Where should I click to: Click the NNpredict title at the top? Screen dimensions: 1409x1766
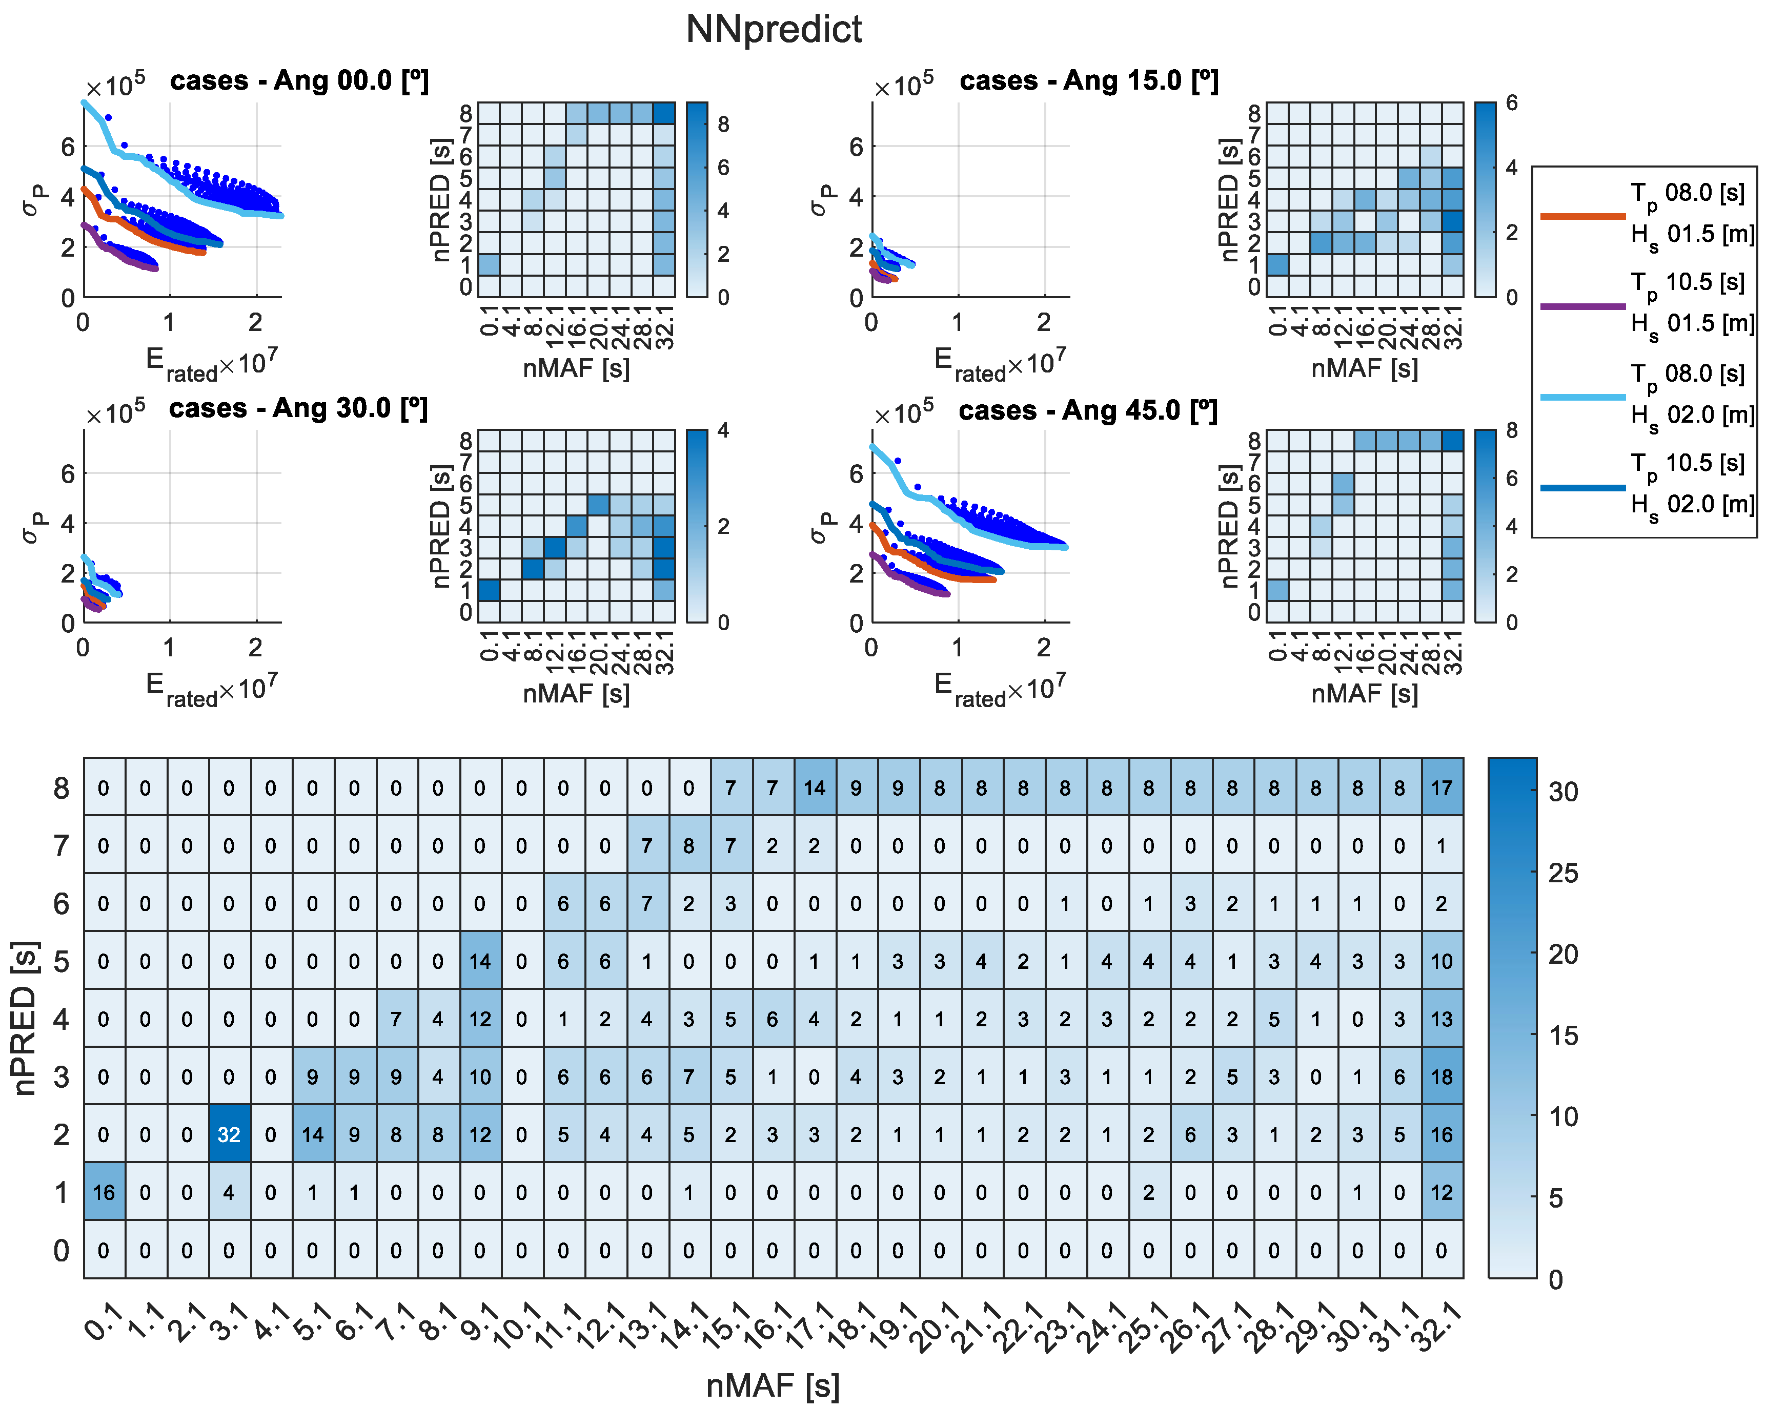[x=773, y=30]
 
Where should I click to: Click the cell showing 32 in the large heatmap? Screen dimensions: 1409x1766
[x=229, y=1134]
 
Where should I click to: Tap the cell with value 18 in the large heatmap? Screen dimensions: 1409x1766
[x=1441, y=1076]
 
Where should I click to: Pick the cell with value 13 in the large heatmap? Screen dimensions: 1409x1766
[x=1441, y=1019]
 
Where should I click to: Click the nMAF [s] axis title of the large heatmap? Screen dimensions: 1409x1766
[x=773, y=1385]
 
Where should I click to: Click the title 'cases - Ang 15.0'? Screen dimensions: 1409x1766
[x=1089, y=80]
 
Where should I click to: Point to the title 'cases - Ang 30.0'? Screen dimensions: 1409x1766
[x=298, y=408]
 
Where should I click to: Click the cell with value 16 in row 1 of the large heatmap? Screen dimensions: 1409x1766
[x=104, y=1192]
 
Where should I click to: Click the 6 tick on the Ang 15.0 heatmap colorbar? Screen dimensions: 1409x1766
[x=1511, y=103]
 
